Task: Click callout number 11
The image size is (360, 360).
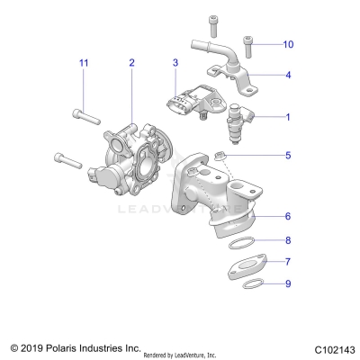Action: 84,62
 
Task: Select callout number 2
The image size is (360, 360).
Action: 131,62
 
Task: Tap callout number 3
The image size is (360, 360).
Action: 176,62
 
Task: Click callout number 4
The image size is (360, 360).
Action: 288,76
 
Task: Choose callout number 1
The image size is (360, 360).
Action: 288,117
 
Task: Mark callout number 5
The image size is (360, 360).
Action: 288,156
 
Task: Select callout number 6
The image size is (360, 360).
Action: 288,217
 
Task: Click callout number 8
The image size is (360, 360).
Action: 288,240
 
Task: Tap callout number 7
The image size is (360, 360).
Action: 288,262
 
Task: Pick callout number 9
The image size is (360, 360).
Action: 288,283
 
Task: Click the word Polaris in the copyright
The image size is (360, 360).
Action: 64,346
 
